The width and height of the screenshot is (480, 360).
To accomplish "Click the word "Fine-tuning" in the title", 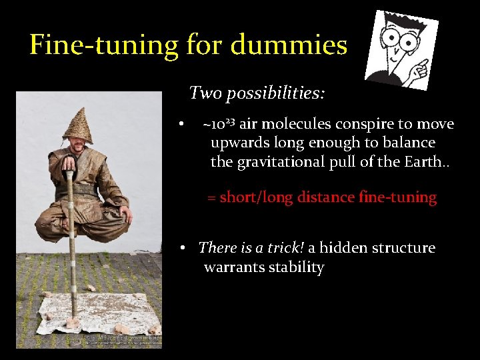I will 103,45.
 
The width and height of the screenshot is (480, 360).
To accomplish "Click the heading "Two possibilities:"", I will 257,93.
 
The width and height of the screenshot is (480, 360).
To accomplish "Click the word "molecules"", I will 298,125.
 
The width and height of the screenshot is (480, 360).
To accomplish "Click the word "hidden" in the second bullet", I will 344,248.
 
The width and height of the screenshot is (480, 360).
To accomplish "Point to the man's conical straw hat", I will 78,125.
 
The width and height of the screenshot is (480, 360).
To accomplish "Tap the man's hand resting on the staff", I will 67,163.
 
